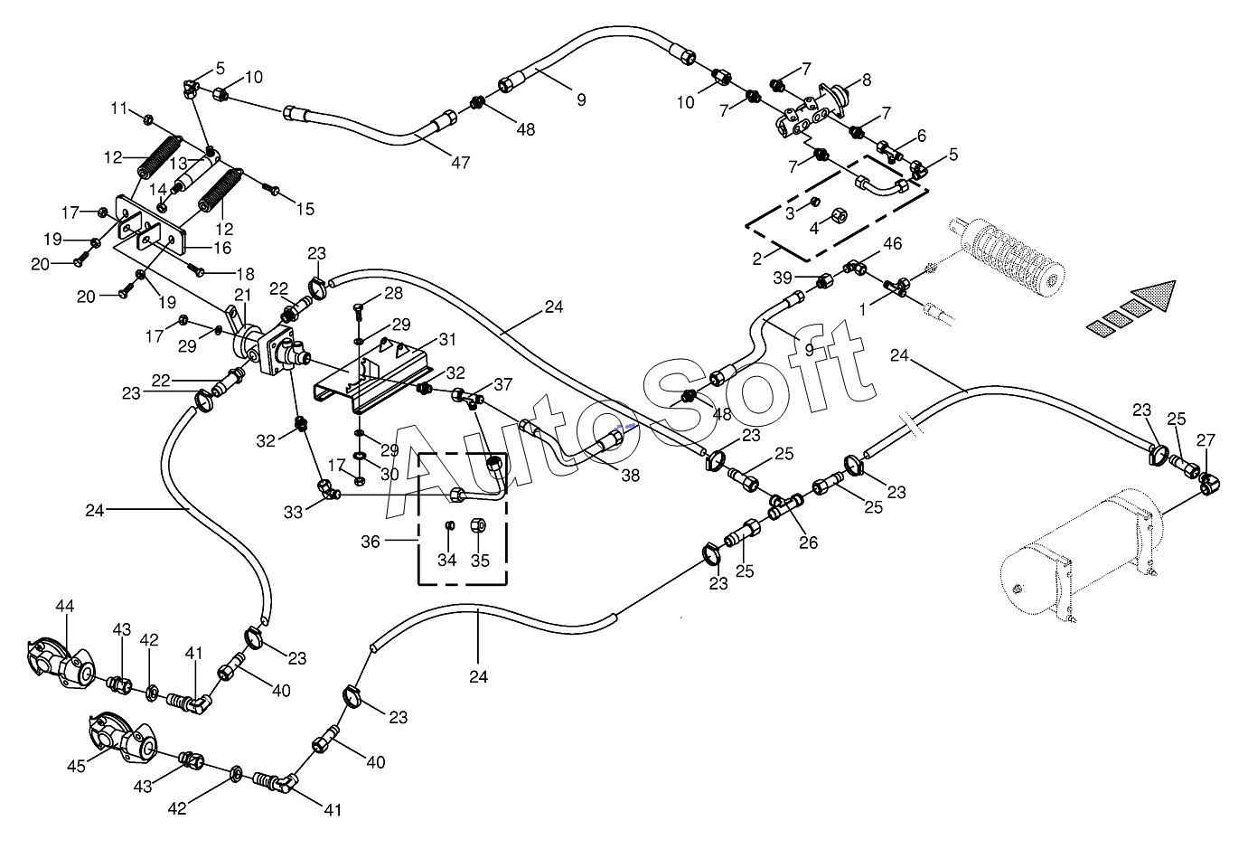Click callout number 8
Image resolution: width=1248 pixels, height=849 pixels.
tap(867, 80)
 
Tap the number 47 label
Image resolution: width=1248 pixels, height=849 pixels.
tap(461, 163)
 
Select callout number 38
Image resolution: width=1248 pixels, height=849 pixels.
tap(631, 476)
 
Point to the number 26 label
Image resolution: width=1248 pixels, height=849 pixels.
tap(809, 542)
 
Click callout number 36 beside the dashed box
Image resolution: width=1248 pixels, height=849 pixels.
tap(371, 542)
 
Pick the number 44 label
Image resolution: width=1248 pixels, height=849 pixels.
tap(65, 606)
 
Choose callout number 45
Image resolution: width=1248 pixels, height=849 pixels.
tap(76, 767)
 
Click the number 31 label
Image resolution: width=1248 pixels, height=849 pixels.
tap(447, 339)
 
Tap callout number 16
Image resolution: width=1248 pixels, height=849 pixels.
tap(223, 248)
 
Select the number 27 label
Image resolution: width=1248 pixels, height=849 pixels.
tap(1206, 440)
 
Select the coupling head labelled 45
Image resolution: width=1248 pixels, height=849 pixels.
tap(123, 740)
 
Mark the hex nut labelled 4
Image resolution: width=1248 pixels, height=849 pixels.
tap(839, 216)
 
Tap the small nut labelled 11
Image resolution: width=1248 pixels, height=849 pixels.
tap(148, 118)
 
